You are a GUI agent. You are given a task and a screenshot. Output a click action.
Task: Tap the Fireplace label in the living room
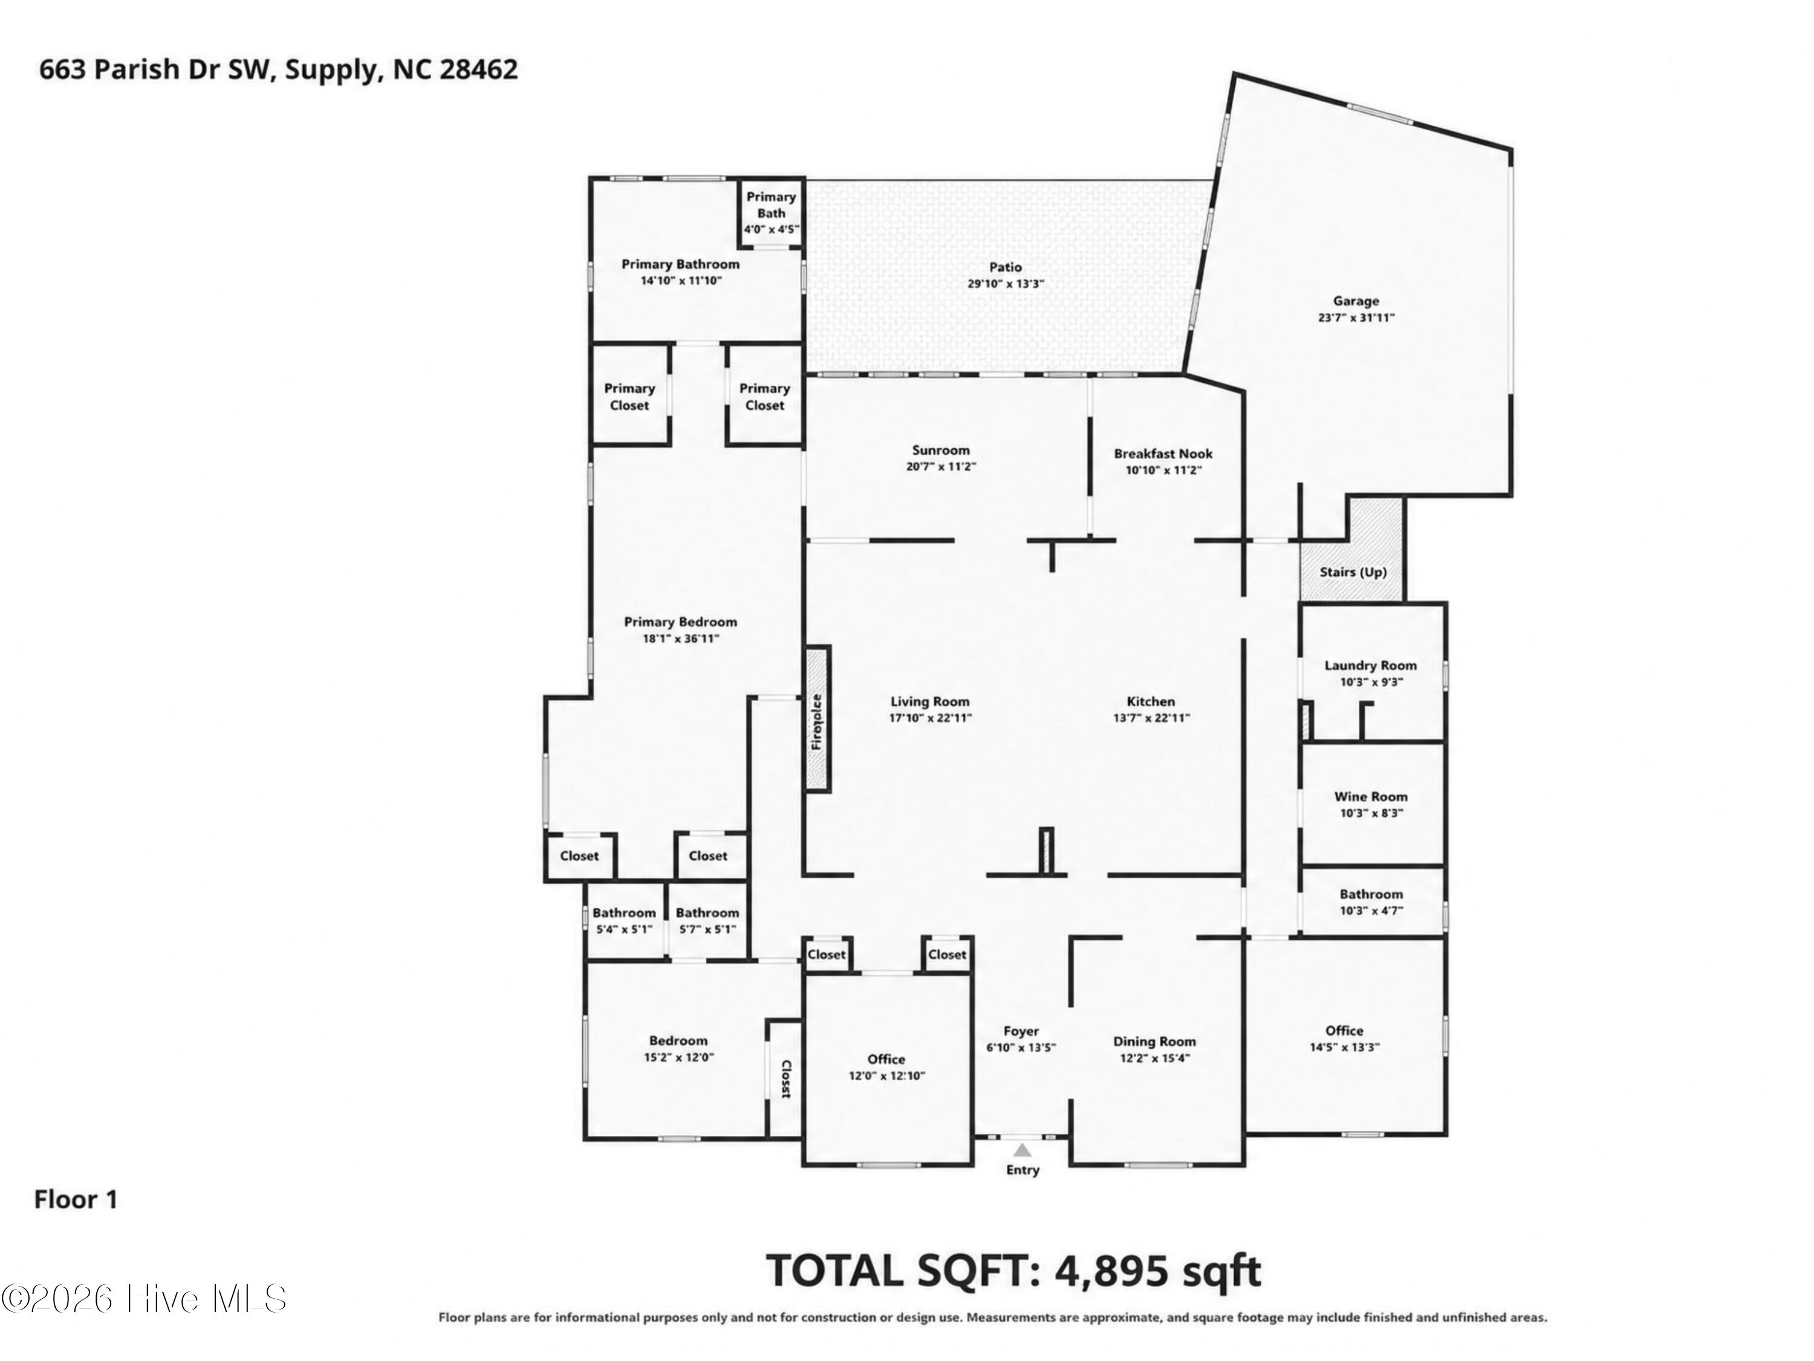(x=817, y=722)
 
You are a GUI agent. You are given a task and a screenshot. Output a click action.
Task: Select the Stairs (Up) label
(x=1353, y=572)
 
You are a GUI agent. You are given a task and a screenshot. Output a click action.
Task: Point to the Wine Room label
(x=1370, y=797)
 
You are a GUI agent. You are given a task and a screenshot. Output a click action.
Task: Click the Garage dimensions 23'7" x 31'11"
(x=1356, y=318)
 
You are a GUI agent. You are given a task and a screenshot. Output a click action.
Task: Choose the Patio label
(x=1006, y=267)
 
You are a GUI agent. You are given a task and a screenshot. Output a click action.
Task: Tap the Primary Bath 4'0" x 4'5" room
(x=771, y=212)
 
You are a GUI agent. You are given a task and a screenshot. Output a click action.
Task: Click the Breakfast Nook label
(x=1163, y=454)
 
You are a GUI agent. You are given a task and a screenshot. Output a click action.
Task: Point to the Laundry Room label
(x=1370, y=665)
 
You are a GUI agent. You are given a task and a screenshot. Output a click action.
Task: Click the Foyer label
(x=1021, y=1031)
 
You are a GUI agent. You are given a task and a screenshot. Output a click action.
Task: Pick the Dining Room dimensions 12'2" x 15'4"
(x=1155, y=1059)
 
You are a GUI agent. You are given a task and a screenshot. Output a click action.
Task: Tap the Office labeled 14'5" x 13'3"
(x=1345, y=1038)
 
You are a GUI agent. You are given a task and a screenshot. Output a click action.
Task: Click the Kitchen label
(x=1151, y=702)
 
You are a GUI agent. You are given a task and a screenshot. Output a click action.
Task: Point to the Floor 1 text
(x=76, y=1200)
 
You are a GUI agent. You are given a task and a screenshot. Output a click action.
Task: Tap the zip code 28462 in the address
(x=479, y=70)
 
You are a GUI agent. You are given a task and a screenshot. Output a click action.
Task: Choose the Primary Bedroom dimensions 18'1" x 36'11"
(x=681, y=638)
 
